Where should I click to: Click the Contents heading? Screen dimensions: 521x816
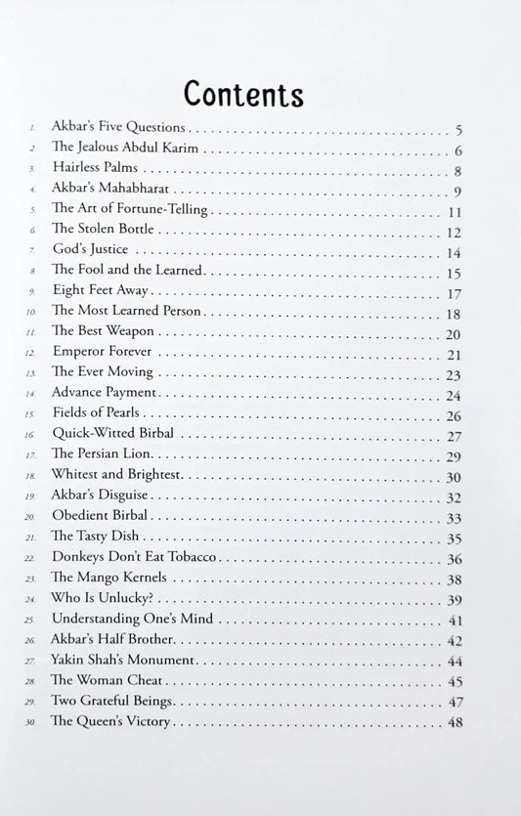[x=243, y=94]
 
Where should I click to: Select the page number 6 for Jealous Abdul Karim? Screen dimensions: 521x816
[x=457, y=150]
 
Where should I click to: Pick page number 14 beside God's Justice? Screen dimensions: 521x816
[x=454, y=253]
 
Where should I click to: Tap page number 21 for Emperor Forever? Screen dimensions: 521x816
[x=454, y=355]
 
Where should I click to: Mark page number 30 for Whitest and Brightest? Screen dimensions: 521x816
[x=454, y=477]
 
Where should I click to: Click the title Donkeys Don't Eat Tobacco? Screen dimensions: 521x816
[x=134, y=558]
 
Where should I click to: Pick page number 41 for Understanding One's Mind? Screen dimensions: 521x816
[x=454, y=620]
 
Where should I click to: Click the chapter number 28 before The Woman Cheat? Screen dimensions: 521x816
[x=32, y=682]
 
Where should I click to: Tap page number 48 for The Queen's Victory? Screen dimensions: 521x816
[x=454, y=722]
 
